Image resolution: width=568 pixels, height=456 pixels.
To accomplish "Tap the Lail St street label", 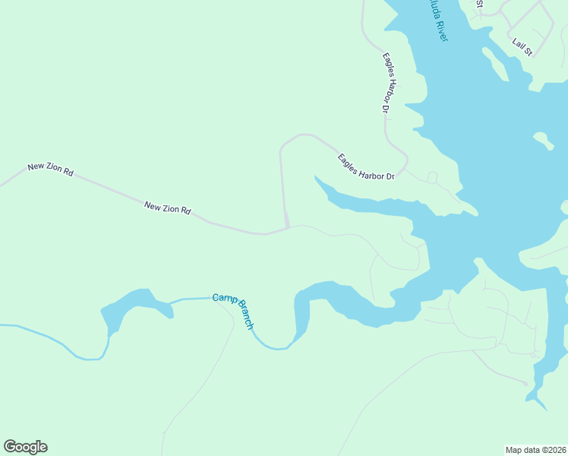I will pyautogui.click(x=522, y=47).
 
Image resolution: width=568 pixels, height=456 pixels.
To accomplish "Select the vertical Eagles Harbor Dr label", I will pyautogui.click(x=386, y=83).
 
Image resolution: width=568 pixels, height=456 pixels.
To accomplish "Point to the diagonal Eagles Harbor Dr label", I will pyautogui.click(x=367, y=167).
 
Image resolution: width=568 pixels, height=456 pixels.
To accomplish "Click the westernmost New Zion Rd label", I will pyautogui.click(x=50, y=169).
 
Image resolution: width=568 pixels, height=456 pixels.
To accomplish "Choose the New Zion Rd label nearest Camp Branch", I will pyautogui.click(x=167, y=207).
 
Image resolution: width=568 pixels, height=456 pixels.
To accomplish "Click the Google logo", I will pyautogui.click(x=25, y=447).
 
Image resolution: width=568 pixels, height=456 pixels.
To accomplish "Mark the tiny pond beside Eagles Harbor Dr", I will pyautogui.click(x=432, y=177).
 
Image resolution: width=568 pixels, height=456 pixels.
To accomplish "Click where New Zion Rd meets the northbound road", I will pyautogui.click(x=288, y=227).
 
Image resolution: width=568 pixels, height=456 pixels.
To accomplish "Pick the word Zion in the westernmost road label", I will pyautogui.click(x=54, y=170).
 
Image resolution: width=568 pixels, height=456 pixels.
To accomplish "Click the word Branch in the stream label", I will pyautogui.click(x=245, y=315).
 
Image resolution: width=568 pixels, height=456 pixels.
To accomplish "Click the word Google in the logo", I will pyautogui.click(x=25, y=447).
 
